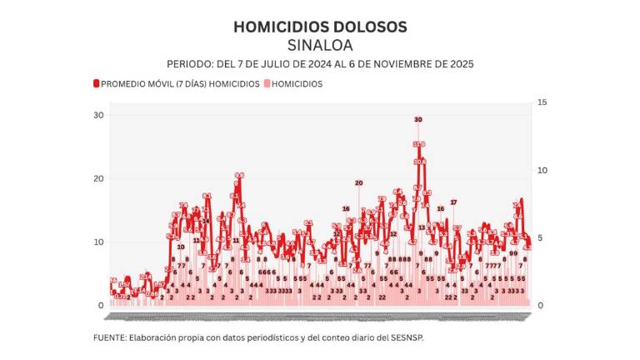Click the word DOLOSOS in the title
(372, 27)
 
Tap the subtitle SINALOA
(320, 45)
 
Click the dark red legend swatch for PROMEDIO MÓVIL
(97, 84)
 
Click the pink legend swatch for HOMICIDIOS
(267, 84)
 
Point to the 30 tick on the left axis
(98, 115)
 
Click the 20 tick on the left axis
(98, 178)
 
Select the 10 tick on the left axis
(98, 242)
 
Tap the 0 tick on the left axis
(101, 306)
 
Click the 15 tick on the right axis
(541, 102)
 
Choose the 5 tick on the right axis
(539, 238)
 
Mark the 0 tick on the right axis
(539, 306)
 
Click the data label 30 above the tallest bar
(418, 120)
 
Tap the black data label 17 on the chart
(454, 202)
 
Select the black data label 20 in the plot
(359, 182)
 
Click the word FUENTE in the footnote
(112, 338)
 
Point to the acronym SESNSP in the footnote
(416, 338)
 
